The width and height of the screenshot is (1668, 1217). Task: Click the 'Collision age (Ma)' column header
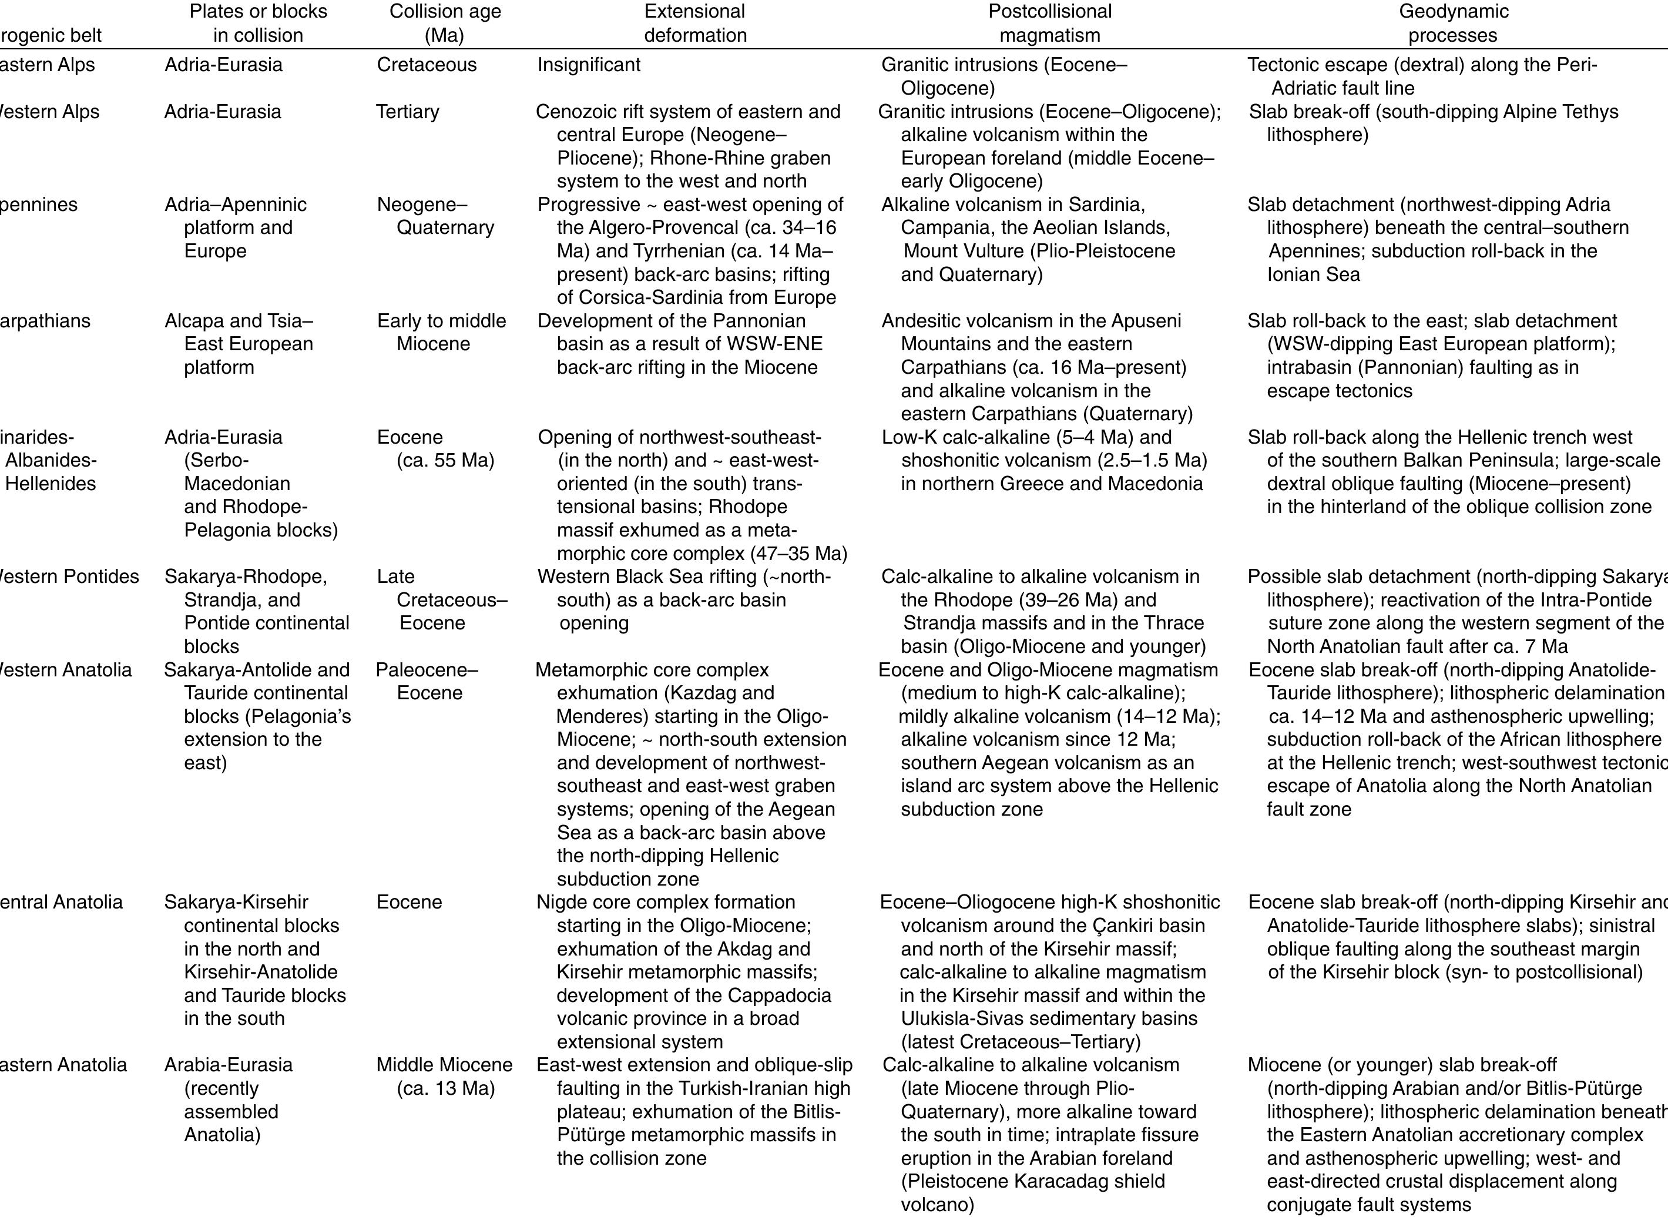click(445, 23)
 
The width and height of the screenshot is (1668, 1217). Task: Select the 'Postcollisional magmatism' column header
click(1049, 23)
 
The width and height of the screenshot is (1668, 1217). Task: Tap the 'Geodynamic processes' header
click(1453, 23)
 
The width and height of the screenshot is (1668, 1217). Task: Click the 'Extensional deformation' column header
click(694, 23)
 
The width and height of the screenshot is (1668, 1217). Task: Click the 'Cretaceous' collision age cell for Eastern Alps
click(427, 65)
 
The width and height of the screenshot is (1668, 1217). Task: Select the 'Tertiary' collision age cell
click(407, 112)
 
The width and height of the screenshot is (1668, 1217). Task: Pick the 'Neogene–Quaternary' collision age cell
click(435, 216)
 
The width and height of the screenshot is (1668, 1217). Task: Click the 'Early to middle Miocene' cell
click(441, 332)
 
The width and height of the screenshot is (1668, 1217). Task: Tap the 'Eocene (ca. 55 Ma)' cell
click(435, 448)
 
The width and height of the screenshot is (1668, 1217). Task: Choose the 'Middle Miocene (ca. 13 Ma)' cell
click(444, 1077)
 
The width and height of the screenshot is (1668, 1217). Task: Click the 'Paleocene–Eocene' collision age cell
click(427, 682)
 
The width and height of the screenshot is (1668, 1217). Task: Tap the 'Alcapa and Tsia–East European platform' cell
click(239, 344)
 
